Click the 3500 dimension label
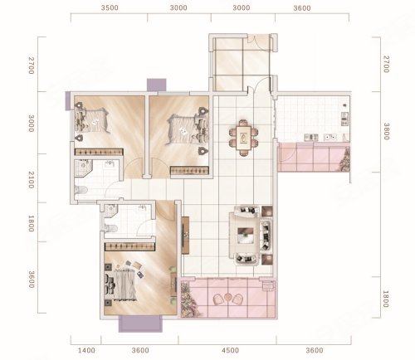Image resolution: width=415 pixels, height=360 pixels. click(110, 7)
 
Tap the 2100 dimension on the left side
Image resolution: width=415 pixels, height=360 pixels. click(31, 180)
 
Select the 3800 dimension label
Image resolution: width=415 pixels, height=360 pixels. click(387, 131)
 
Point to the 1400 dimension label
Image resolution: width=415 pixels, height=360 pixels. click(86, 351)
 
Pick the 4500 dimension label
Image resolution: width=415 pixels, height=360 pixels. click(230, 351)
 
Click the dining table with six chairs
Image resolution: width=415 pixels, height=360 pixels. click(243, 138)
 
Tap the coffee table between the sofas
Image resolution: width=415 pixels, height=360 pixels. click(246, 236)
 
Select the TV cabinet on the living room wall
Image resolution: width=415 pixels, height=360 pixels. click(185, 236)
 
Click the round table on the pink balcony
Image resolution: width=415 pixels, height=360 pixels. click(228, 297)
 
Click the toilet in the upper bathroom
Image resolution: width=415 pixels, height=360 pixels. click(81, 190)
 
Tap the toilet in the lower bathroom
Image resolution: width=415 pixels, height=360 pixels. click(111, 228)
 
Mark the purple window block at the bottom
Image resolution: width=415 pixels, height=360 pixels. click(140, 324)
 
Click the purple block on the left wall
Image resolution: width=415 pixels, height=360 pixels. click(68, 101)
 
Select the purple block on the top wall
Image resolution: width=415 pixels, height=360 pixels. click(156, 85)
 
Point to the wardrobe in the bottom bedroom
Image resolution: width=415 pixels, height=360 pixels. click(129, 247)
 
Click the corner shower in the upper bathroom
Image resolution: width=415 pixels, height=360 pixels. click(83, 168)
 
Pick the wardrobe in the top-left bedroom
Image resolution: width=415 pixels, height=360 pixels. click(99, 152)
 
